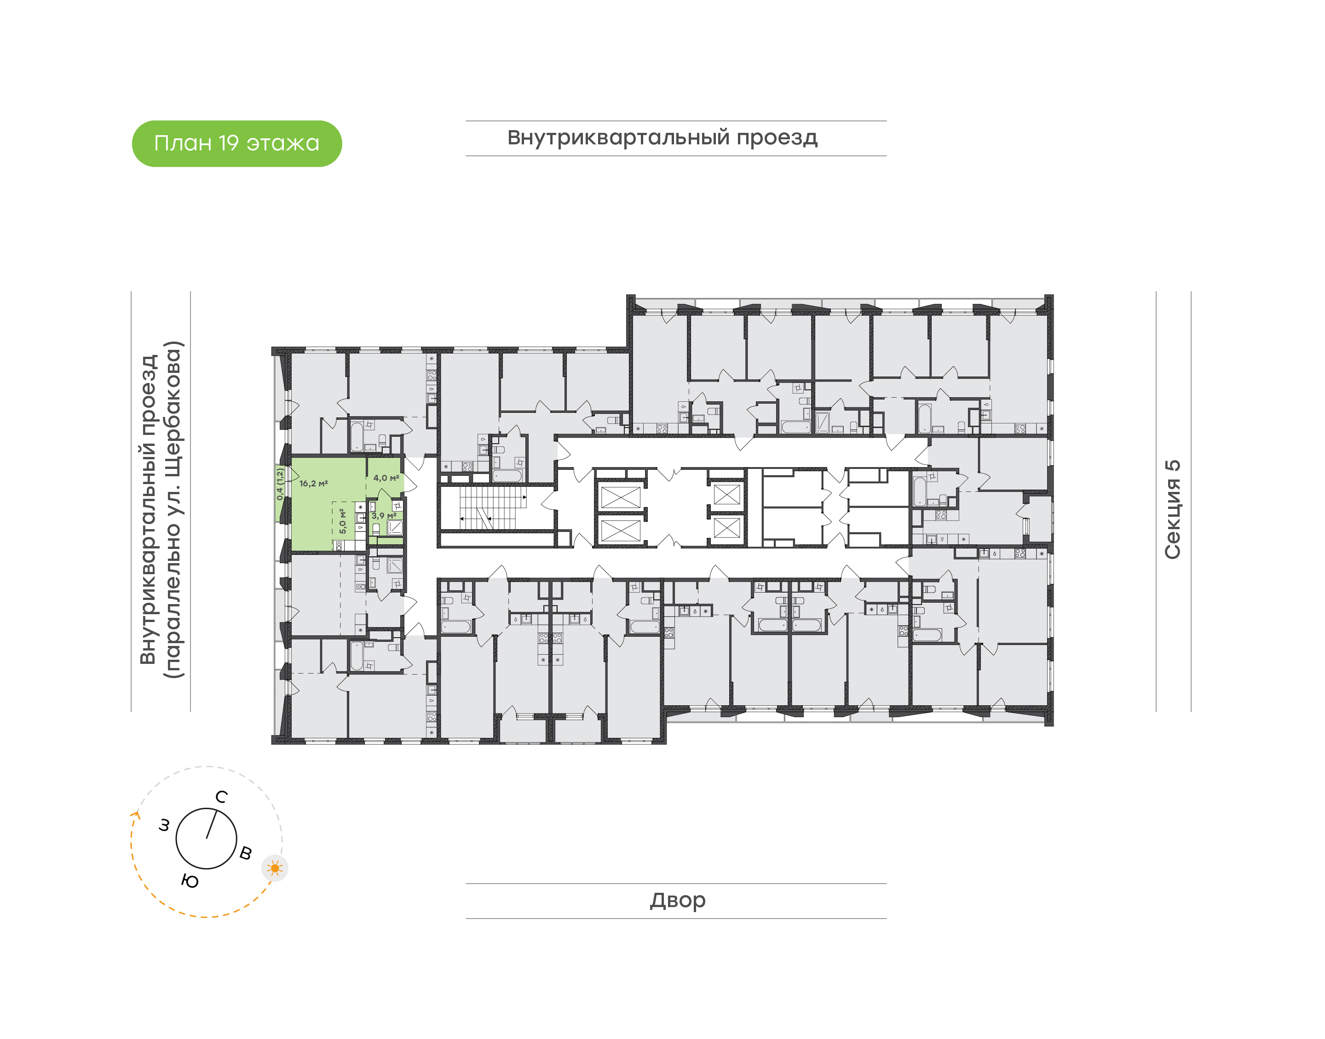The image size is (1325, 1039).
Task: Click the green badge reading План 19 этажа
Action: click(x=237, y=143)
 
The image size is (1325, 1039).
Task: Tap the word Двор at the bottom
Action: click(x=677, y=900)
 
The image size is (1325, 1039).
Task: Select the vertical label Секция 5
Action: click(x=1172, y=509)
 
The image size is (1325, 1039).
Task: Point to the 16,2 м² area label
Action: click(x=313, y=484)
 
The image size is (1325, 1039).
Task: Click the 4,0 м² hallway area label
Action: click(x=386, y=478)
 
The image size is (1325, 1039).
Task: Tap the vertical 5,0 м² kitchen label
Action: click(x=343, y=521)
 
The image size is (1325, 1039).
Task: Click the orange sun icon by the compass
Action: click(x=275, y=868)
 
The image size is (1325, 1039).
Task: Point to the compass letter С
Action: click(x=222, y=797)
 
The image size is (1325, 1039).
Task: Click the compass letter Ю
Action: click(x=190, y=881)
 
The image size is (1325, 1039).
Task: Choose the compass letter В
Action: click(x=245, y=853)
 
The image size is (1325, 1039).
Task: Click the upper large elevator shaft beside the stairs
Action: click(x=620, y=497)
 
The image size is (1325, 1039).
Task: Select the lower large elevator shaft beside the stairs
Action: click(x=620, y=531)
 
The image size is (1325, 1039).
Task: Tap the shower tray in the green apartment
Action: click(x=394, y=527)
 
